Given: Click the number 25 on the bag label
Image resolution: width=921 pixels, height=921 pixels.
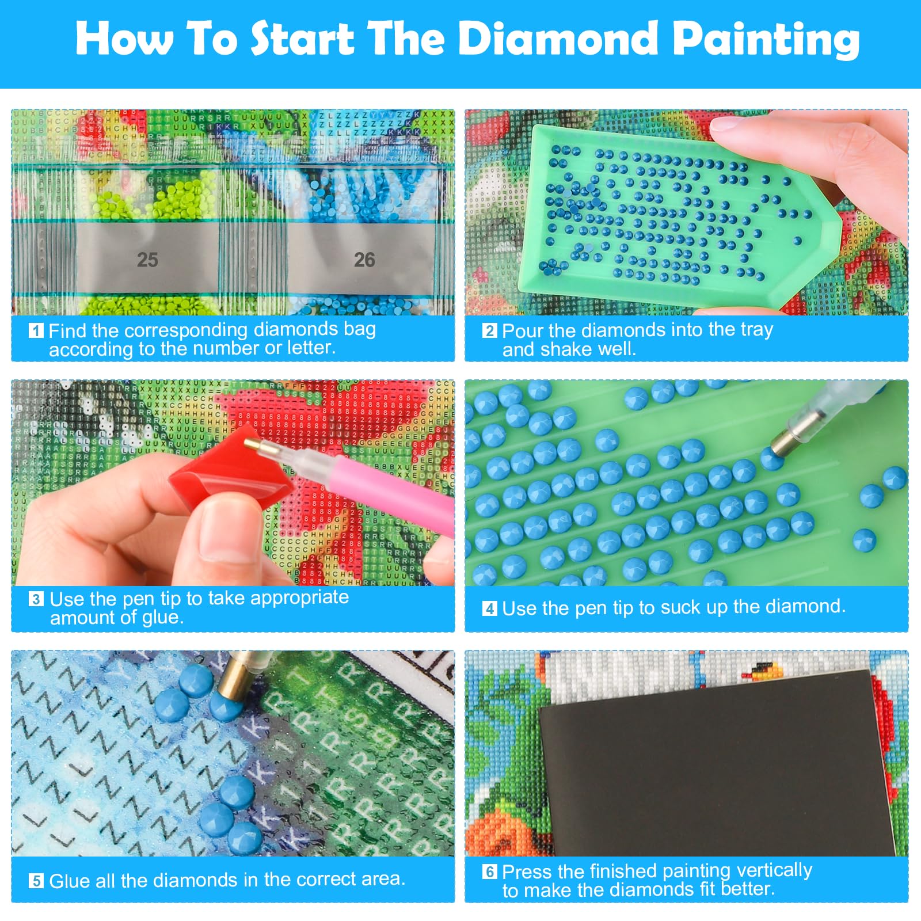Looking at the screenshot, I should pyautogui.click(x=147, y=260).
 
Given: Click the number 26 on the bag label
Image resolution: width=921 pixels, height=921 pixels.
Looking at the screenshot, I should pyautogui.click(x=364, y=260).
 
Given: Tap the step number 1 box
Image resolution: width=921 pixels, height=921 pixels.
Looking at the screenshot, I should pyautogui.click(x=36, y=330).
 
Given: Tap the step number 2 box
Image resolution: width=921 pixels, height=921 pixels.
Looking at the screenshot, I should pyautogui.click(x=489, y=330).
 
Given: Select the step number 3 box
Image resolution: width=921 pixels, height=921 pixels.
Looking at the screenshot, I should pyautogui.click(x=36, y=599).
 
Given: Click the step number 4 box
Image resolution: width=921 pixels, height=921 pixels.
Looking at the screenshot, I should pyautogui.click(x=489, y=608).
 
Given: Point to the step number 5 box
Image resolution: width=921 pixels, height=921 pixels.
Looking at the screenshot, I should pyautogui.click(x=36, y=881).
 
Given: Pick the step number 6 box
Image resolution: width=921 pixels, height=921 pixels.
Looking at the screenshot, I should pyautogui.click(x=489, y=871).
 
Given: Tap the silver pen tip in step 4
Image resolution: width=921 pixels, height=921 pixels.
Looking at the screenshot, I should pyautogui.click(x=786, y=440).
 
